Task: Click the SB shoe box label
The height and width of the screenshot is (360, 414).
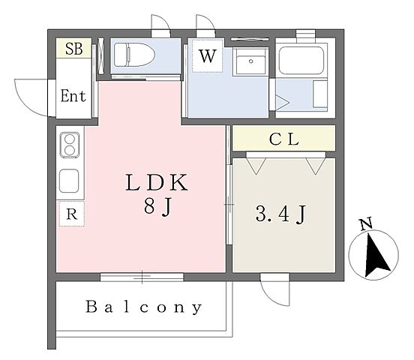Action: (74, 49)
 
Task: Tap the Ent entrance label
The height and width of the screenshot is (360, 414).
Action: (73, 95)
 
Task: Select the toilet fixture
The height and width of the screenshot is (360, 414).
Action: (134, 55)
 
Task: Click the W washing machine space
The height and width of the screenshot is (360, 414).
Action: (208, 55)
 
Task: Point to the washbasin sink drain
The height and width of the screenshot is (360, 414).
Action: (250, 61)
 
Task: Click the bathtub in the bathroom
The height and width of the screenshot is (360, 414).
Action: (301, 61)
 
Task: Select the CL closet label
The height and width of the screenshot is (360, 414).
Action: (283, 139)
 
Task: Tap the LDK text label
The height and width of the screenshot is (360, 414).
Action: (157, 182)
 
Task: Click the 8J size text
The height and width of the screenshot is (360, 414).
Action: (157, 207)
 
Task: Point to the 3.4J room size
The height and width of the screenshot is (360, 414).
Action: (280, 214)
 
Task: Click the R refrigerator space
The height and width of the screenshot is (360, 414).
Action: (71, 214)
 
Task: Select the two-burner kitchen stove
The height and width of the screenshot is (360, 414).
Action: (70, 145)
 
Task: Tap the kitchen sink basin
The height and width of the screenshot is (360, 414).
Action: (69, 181)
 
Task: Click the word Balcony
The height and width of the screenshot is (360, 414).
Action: (144, 307)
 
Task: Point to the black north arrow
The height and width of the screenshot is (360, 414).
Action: (375, 256)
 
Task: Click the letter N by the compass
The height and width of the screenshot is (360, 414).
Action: (367, 224)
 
